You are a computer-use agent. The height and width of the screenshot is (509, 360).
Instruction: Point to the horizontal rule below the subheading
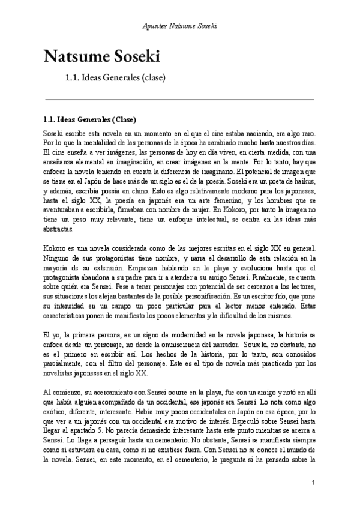pos(180,98)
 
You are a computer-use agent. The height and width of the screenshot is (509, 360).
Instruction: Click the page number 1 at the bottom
pos(314,483)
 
